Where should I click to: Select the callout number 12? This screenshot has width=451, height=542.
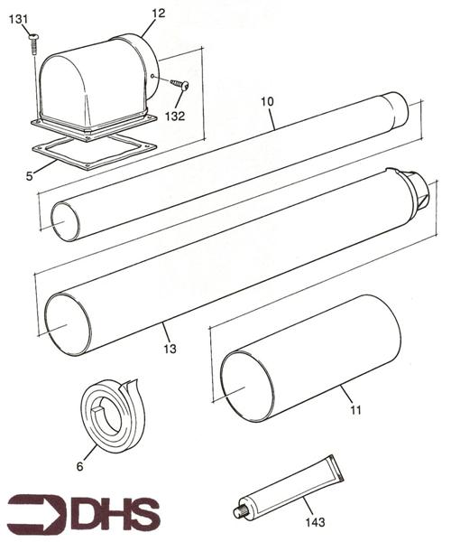159,13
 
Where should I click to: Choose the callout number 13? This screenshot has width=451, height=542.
170,348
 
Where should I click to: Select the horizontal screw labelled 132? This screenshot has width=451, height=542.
178,84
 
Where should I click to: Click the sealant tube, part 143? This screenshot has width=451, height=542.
289,489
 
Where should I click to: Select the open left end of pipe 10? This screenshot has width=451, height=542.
66,221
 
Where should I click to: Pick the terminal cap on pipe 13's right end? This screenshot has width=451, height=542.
419,192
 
